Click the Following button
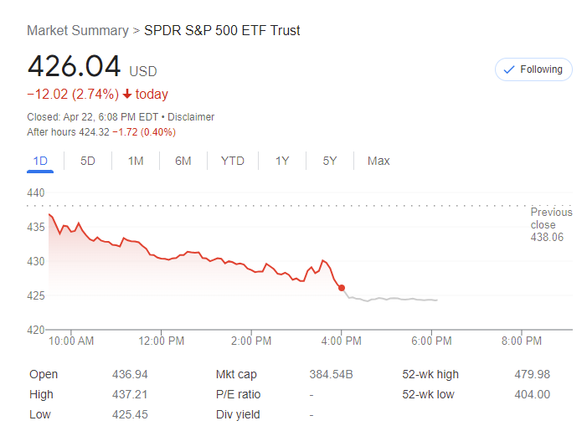click(x=533, y=69)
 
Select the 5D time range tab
click(x=88, y=161)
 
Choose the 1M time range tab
click(x=136, y=161)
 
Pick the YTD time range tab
click(x=233, y=161)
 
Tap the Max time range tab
click(x=378, y=161)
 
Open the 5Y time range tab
click(x=330, y=161)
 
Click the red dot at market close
click(x=342, y=288)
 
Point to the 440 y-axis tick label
click(x=35, y=192)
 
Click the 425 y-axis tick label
click(x=35, y=295)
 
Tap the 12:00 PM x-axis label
click(x=162, y=341)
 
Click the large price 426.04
click(x=74, y=66)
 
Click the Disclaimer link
click(x=192, y=117)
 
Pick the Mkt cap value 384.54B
click(x=331, y=374)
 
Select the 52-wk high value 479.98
click(x=532, y=374)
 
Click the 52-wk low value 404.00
click(x=532, y=394)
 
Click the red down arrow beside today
click(x=127, y=95)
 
